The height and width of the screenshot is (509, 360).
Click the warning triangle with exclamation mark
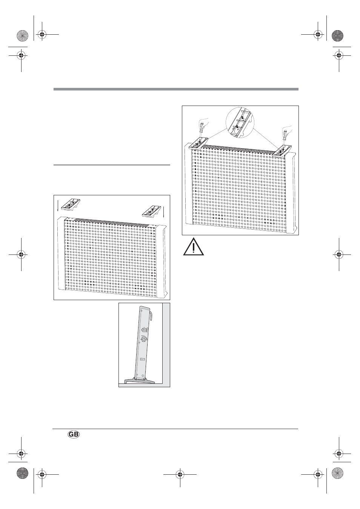[193, 247]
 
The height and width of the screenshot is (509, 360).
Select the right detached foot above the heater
[152, 211]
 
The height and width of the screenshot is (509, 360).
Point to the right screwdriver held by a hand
[286, 135]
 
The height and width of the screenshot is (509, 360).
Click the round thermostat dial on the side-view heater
[144, 340]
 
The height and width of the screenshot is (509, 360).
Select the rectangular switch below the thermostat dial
[142, 359]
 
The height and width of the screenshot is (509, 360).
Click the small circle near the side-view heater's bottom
[142, 376]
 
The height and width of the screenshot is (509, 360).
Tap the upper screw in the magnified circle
[243, 117]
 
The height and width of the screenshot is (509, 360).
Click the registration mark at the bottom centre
[180, 474]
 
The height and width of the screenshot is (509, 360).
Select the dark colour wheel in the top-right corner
[337, 36]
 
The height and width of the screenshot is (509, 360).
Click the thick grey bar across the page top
[176, 89]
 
